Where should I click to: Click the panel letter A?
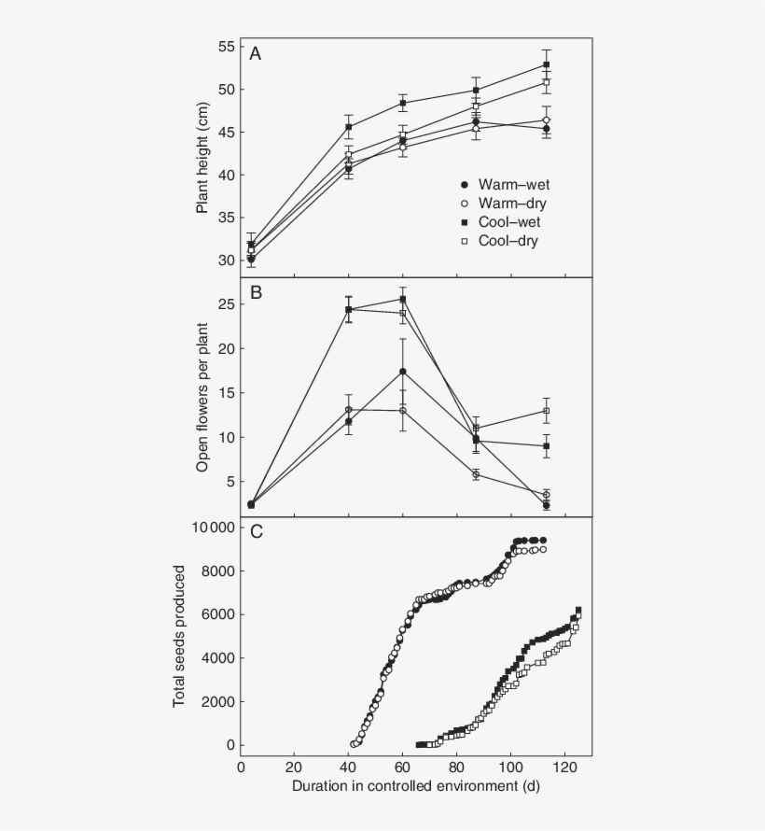[255, 54]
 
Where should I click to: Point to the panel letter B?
[255, 293]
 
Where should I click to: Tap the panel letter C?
[255, 532]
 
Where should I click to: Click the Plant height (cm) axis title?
[202, 156]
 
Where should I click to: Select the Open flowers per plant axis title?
[202, 397]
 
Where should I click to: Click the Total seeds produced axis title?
[179, 637]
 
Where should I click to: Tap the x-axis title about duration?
[416, 786]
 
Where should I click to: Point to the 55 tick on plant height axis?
[225, 47]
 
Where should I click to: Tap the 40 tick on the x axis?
[349, 766]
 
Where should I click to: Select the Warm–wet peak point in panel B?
[402, 372]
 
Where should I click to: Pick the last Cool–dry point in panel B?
[546, 411]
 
